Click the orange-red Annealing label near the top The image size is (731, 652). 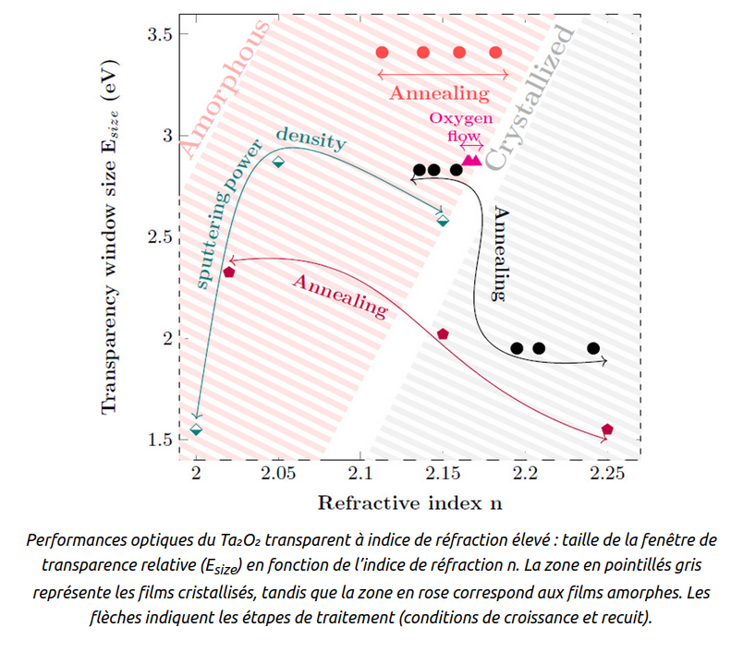click(x=439, y=93)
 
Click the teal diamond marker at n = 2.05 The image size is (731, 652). click(x=278, y=162)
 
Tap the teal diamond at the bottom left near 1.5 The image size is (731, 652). click(x=196, y=429)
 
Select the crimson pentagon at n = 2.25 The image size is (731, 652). click(x=607, y=429)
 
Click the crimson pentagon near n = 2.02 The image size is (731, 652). click(x=228, y=272)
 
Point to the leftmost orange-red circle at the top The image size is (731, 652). click(x=383, y=53)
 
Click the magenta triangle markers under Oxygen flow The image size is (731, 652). click(x=471, y=161)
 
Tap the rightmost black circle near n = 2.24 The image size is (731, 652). click(x=593, y=348)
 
